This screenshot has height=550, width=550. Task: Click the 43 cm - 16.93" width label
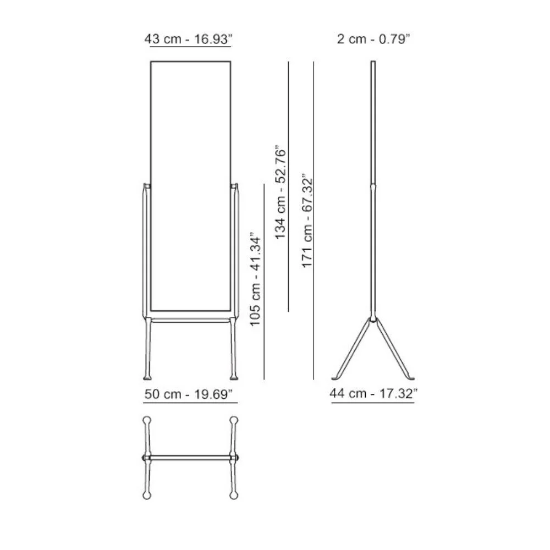pos(190,40)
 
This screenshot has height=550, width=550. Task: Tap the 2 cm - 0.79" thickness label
pos(373,40)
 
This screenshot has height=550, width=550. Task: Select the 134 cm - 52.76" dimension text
pos(282,193)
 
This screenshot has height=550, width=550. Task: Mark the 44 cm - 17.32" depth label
pos(373,393)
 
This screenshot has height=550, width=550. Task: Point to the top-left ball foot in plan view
pos(147,421)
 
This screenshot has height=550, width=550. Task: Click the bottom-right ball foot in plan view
pos(234,496)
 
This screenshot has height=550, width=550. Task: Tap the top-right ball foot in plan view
pos(234,421)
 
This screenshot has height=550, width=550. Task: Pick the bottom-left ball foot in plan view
pos(147,496)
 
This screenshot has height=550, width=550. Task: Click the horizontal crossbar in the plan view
pos(190,458)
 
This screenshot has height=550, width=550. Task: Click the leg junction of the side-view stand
pos(373,318)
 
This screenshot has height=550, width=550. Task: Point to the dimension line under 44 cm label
pos(373,403)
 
